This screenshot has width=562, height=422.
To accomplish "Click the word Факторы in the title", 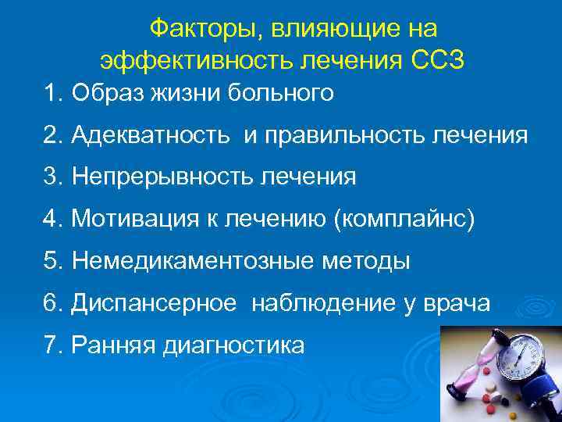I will point(198,29).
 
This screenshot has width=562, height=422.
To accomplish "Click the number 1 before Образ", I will point(51,94).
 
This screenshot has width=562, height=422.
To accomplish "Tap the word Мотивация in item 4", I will point(124,220).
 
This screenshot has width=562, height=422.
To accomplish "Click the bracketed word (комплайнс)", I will point(404,220).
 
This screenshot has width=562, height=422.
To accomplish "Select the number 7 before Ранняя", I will point(51,345).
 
